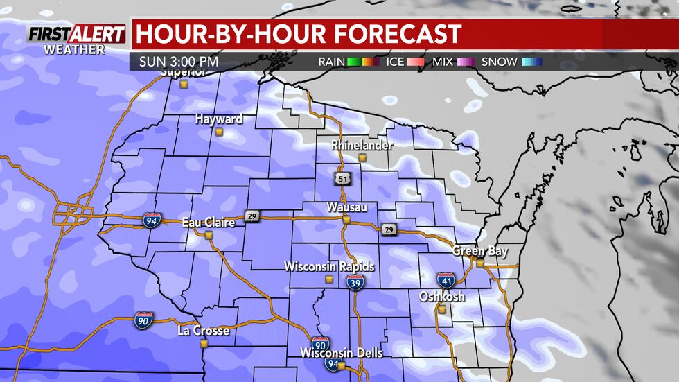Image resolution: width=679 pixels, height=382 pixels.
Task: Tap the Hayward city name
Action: (218, 119)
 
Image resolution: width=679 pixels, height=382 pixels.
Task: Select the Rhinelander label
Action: (362, 146)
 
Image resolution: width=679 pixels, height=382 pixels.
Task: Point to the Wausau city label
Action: (346, 207)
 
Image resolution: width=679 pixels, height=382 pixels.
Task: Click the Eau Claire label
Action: (208, 223)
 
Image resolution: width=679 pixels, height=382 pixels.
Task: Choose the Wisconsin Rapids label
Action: (329, 267)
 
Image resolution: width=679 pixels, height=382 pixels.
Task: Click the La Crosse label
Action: (203, 331)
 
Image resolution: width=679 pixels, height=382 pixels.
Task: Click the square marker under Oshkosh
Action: (441, 310)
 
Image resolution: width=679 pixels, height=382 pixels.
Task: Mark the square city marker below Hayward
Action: (219, 131)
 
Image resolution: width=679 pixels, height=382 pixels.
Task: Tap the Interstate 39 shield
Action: (356, 282)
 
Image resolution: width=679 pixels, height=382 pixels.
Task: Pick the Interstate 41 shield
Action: (446, 281)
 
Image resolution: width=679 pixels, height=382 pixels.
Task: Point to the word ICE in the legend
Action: (396, 62)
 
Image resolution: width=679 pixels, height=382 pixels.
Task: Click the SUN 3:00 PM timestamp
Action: (179, 61)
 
